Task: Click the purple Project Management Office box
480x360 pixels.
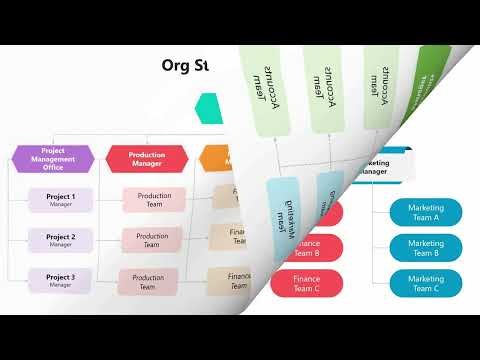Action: tap(53, 158)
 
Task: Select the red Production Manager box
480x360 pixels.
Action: tap(147, 158)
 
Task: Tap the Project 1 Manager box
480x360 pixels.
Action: tap(61, 200)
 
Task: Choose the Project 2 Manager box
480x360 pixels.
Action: tap(61, 240)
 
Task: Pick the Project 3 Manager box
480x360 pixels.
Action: tap(61, 281)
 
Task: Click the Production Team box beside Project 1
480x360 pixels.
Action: tap(154, 200)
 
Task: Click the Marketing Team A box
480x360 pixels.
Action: tap(426, 212)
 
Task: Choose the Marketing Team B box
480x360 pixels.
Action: tap(426, 247)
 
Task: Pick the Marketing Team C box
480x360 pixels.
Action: tap(426, 282)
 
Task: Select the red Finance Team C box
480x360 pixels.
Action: tap(307, 283)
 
